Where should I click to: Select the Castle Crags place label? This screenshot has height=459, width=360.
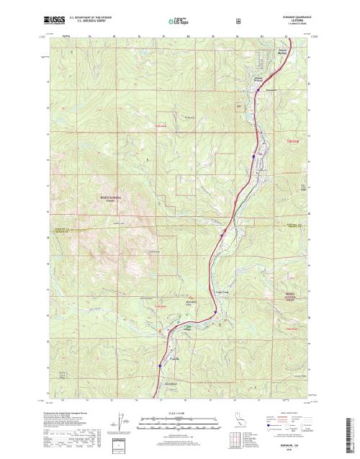tap(223, 292)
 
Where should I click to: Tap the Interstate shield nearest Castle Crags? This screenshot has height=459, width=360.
tap(215, 311)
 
